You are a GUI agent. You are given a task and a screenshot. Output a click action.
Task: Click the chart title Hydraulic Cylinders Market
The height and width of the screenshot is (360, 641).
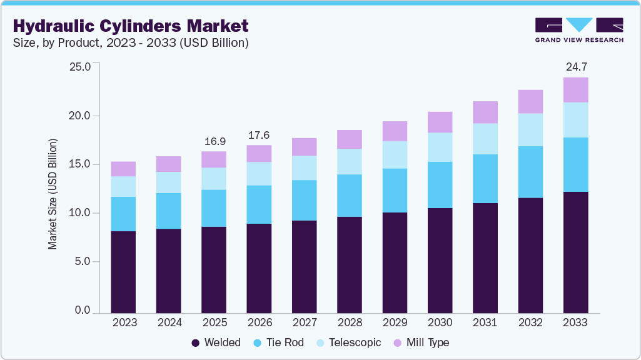[130, 26]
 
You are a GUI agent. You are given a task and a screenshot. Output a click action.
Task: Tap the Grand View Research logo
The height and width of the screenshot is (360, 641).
[579, 30]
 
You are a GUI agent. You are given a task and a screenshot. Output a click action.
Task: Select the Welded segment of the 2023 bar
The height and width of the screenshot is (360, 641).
[123, 272]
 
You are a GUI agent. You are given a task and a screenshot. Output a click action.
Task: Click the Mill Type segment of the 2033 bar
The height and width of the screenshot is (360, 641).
[575, 90]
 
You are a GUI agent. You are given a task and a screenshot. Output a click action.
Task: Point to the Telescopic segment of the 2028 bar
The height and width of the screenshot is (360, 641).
[350, 161]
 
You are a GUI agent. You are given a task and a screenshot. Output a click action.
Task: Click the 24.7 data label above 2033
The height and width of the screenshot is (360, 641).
[575, 66]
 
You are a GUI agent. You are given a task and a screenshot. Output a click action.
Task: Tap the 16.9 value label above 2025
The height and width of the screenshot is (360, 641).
[214, 141]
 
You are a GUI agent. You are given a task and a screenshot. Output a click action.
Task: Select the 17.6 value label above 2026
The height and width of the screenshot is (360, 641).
[259, 134]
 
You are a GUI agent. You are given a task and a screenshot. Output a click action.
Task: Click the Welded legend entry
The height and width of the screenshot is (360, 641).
[216, 342]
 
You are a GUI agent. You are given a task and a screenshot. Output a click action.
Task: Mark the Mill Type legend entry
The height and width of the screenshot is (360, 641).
[420, 342]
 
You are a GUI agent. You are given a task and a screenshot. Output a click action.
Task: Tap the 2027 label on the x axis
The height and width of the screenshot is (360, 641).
[304, 322]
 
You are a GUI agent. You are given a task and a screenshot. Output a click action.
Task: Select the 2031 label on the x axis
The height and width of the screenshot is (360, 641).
[485, 322]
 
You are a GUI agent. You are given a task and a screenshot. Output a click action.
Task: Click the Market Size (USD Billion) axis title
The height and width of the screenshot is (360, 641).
[53, 194]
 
